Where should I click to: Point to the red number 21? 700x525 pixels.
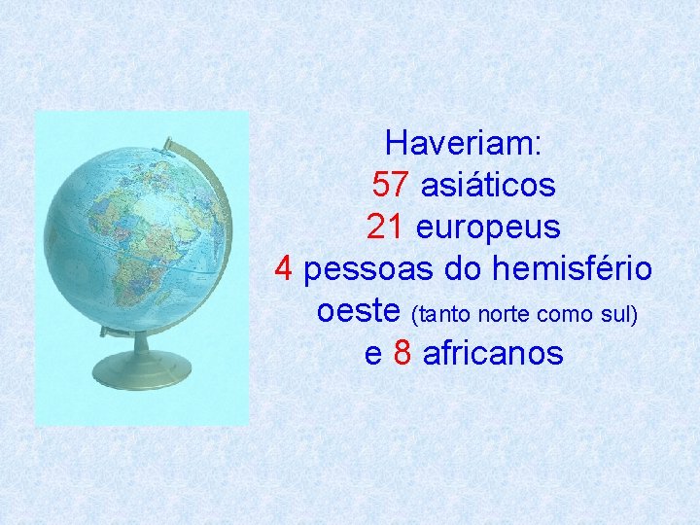pyautogui.click(x=387, y=227)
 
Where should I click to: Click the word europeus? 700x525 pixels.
pyautogui.click(x=488, y=227)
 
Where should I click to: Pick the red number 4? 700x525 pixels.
pyautogui.click(x=284, y=268)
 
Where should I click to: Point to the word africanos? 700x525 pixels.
pyautogui.click(x=493, y=353)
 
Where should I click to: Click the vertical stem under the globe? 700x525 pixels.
pyautogui.click(x=141, y=340)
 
